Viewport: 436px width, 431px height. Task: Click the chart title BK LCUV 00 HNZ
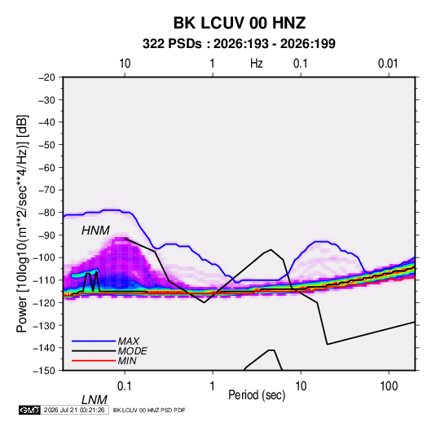[x=240, y=23]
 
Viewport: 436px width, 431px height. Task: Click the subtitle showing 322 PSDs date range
[x=239, y=44]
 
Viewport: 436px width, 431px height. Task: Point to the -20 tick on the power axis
[x=46, y=77]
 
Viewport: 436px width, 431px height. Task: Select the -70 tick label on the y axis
[x=46, y=190]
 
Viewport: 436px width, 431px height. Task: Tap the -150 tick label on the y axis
[x=45, y=371]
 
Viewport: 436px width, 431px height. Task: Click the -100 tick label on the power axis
[x=45, y=257]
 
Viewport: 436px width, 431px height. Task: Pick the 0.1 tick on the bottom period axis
[x=125, y=385]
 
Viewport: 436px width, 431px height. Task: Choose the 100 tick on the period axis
[x=389, y=385]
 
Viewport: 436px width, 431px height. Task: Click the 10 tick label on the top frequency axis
[x=125, y=64]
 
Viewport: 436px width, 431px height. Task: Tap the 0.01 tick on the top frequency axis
[x=388, y=64]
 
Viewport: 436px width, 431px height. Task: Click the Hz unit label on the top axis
[x=257, y=64]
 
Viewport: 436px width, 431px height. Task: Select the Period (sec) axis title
[x=257, y=395]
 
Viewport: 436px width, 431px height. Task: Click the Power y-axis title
[x=22, y=223]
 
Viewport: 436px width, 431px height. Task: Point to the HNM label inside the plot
[x=95, y=231]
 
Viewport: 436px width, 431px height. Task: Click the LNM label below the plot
[x=95, y=400]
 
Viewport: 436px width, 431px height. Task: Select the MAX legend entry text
[x=129, y=341]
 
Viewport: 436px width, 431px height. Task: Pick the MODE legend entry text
[x=132, y=351]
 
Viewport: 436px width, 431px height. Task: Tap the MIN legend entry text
[x=127, y=361]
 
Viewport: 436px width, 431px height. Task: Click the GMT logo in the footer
[x=30, y=410]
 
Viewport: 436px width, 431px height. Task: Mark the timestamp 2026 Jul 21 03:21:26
[x=74, y=410]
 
